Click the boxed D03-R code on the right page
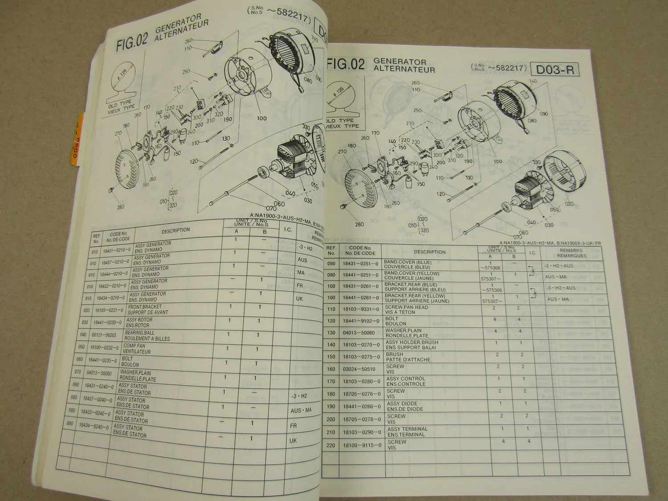pyautogui.click(x=555, y=70)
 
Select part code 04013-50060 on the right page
pyautogui.click(x=362, y=333)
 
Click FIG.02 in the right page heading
pyautogui.click(x=345, y=65)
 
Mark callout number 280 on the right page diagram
pyautogui.click(x=359, y=224)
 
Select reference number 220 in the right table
pyautogui.click(x=330, y=445)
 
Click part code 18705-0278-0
pyautogui.click(x=362, y=419)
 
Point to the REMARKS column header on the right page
pyautogui.click(x=571, y=253)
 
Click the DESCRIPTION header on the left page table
pyautogui.click(x=175, y=230)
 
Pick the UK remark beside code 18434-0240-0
pyautogui.click(x=293, y=440)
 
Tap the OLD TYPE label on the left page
pyautogui.click(x=120, y=105)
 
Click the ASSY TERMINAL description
pyautogui.click(x=407, y=432)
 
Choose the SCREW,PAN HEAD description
pyautogui.click(x=406, y=310)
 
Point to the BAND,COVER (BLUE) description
pyautogui.click(x=407, y=265)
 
